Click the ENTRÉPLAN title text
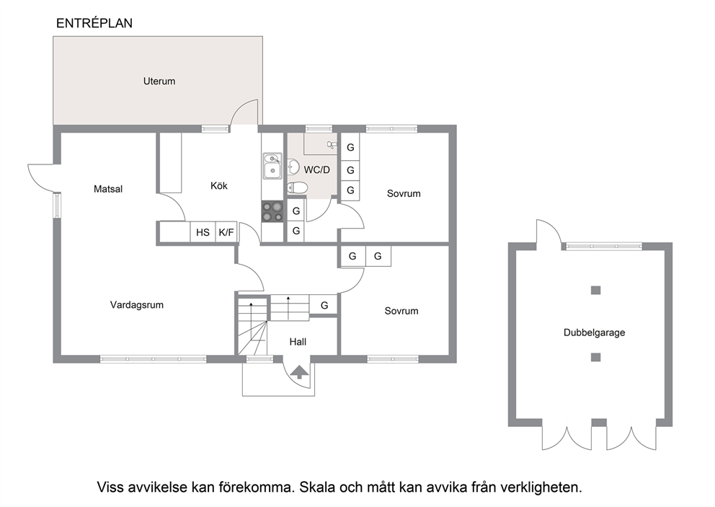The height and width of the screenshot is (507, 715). pyautogui.click(x=94, y=23)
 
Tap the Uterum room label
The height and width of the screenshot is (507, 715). pyautogui.click(x=159, y=81)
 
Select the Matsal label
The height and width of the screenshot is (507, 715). pyautogui.click(x=108, y=189)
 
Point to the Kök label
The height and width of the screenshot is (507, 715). pyautogui.click(x=219, y=186)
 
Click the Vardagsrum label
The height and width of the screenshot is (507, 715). pyautogui.click(x=137, y=305)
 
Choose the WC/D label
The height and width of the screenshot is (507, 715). pyautogui.click(x=317, y=170)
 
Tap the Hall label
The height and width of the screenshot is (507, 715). pyautogui.click(x=298, y=342)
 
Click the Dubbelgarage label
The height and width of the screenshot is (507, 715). pyautogui.click(x=594, y=332)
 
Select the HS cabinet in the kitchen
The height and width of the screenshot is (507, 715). pyautogui.click(x=203, y=233)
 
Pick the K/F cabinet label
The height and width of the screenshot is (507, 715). pyautogui.click(x=226, y=233)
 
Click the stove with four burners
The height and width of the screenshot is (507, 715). pyautogui.click(x=272, y=212)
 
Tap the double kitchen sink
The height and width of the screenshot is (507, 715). pyautogui.click(x=272, y=166)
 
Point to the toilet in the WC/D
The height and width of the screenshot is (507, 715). pyautogui.click(x=297, y=187)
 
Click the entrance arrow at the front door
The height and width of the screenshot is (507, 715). pyautogui.click(x=299, y=372)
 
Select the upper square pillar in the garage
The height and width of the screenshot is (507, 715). pyautogui.click(x=595, y=290)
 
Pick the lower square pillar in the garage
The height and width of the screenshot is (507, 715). pyautogui.click(x=595, y=357)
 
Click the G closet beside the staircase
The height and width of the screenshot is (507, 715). pyautogui.click(x=324, y=305)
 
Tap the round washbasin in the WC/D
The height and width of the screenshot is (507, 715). pyautogui.click(x=293, y=167)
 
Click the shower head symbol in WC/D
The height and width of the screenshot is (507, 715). pyautogui.click(x=332, y=145)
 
